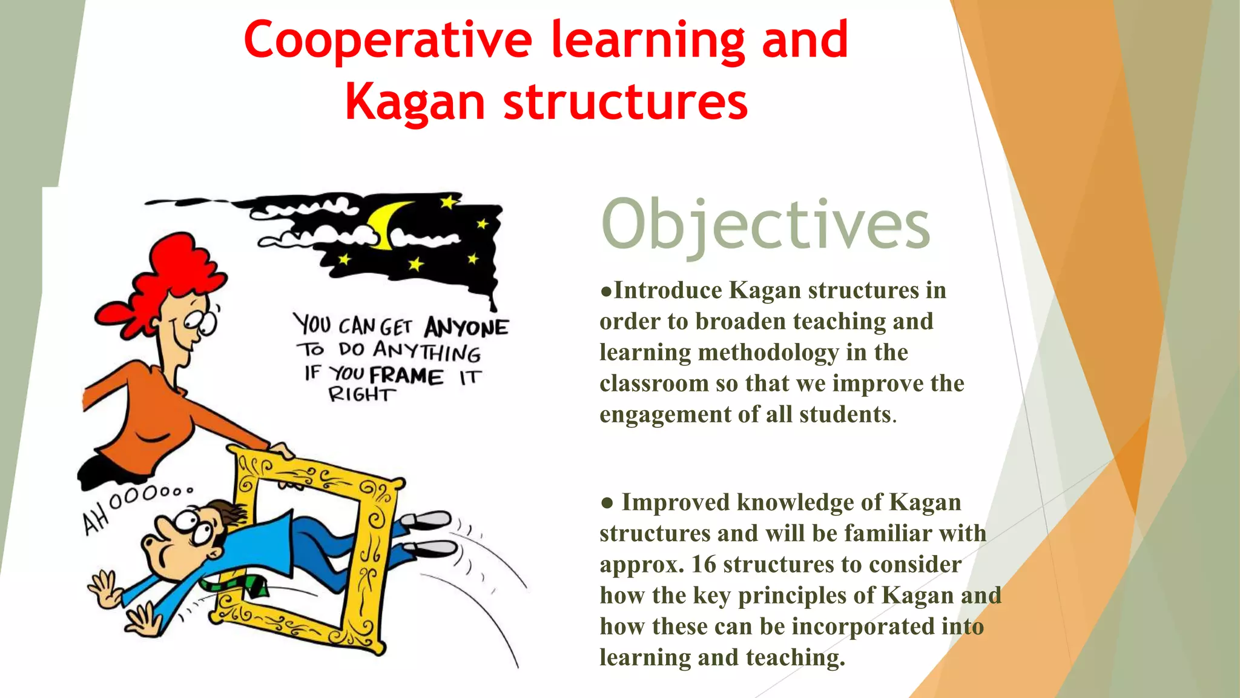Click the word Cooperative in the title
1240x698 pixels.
[x=387, y=41]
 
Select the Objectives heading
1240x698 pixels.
[x=765, y=225]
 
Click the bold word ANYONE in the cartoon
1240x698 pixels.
[x=466, y=328]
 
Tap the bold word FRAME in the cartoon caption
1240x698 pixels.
[x=406, y=376]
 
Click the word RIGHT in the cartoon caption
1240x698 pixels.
[x=361, y=395]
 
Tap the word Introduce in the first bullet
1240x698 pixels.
[x=668, y=291]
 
